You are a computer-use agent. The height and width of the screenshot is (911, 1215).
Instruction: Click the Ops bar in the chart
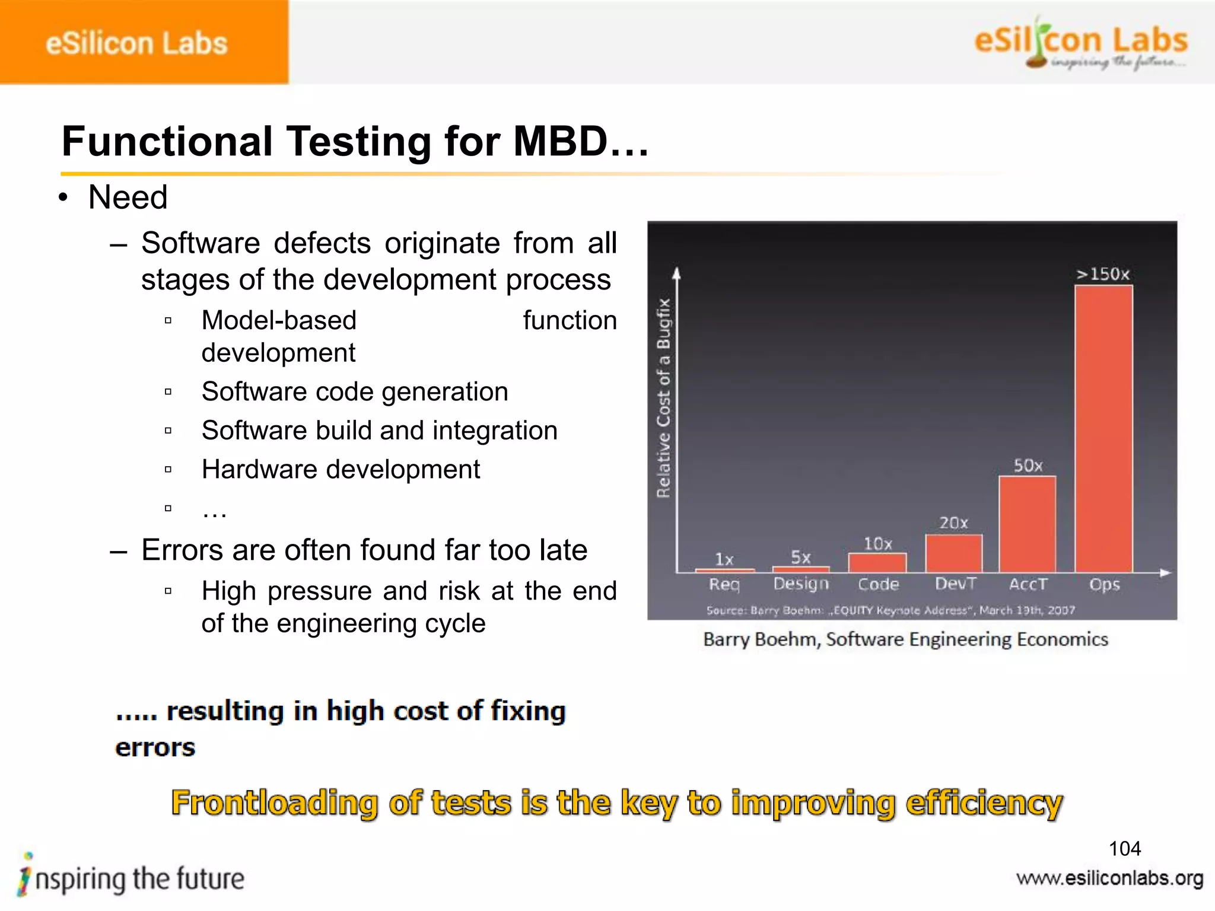pyautogui.click(x=1103, y=428)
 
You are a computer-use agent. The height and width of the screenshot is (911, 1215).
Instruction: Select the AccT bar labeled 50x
pyautogui.click(x=1028, y=524)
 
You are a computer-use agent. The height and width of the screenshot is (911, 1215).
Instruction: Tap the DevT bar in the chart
pyautogui.click(x=953, y=553)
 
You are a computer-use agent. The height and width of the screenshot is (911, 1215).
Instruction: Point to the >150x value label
pyautogui.click(x=1103, y=274)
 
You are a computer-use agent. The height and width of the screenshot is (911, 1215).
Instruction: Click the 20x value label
pyautogui.click(x=953, y=523)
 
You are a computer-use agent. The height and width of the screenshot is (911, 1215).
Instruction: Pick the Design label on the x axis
pyautogui.click(x=801, y=584)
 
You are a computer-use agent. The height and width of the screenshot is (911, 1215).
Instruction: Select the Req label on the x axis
pyautogui.click(x=724, y=584)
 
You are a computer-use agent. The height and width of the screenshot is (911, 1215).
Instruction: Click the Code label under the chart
pyautogui.click(x=878, y=584)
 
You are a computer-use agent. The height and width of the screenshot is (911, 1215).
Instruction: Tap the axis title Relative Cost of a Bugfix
pyautogui.click(x=664, y=398)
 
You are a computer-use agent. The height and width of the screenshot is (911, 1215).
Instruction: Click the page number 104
pyautogui.click(x=1124, y=849)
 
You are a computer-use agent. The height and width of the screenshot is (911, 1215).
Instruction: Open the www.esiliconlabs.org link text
pyautogui.click(x=1109, y=878)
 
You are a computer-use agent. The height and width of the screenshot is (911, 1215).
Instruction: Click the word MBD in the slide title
pyautogui.click(x=561, y=142)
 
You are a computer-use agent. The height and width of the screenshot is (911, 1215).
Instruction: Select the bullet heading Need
pyautogui.click(x=128, y=197)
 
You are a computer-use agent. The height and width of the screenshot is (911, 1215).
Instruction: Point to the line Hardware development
pyautogui.click(x=341, y=469)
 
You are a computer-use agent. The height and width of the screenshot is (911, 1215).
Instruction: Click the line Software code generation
pyautogui.click(x=355, y=391)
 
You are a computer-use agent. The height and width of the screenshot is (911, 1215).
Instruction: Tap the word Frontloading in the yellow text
pyautogui.click(x=274, y=803)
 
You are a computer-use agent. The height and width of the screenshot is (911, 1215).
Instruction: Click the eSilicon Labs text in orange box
pyautogui.click(x=136, y=43)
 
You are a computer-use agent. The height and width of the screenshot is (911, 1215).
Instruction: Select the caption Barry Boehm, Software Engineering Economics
pyautogui.click(x=905, y=639)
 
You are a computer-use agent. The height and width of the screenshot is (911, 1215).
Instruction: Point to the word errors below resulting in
pyautogui.click(x=155, y=747)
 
